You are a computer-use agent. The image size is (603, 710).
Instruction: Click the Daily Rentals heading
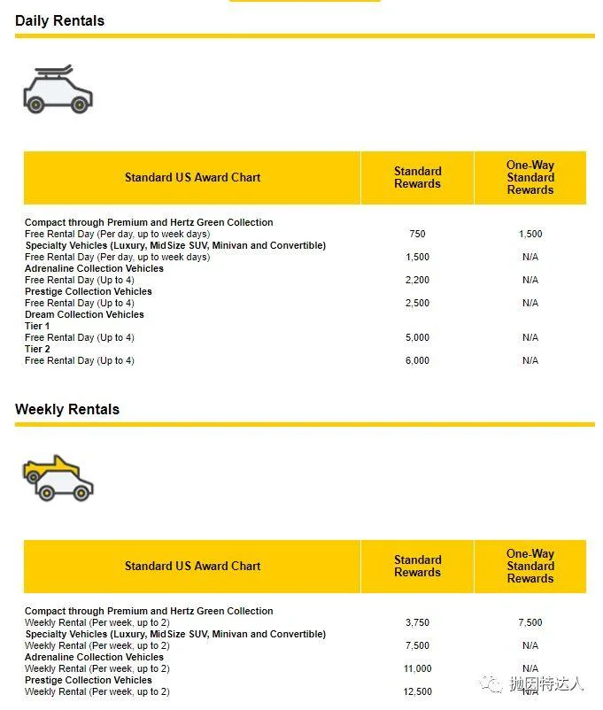click(59, 20)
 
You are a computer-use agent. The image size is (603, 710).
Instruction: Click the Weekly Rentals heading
click(67, 409)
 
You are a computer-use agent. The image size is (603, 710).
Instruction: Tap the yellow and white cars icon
click(58, 478)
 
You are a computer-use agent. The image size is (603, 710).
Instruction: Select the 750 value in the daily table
click(417, 235)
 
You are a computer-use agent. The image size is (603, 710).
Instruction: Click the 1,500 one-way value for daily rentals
click(530, 235)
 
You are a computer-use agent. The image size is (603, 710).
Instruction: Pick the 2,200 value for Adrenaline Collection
click(417, 280)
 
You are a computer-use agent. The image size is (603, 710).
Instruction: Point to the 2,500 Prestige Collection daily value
click(417, 303)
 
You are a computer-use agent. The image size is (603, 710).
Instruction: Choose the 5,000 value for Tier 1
click(417, 337)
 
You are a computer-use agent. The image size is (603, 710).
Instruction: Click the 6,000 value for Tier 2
click(417, 360)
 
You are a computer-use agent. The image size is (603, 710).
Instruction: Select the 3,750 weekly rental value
click(417, 622)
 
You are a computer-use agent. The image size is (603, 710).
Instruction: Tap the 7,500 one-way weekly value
click(530, 622)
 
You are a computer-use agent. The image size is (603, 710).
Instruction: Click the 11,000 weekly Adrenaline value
click(417, 668)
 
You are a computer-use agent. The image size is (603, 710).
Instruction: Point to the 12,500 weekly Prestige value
click(417, 691)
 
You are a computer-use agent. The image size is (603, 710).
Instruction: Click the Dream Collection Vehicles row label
click(84, 314)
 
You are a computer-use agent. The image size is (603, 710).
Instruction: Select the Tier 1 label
click(37, 326)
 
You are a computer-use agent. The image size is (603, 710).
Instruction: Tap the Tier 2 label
click(37, 349)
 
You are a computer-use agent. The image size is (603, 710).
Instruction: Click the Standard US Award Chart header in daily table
click(192, 177)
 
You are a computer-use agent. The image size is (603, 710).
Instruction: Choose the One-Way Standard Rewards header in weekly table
click(530, 566)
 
